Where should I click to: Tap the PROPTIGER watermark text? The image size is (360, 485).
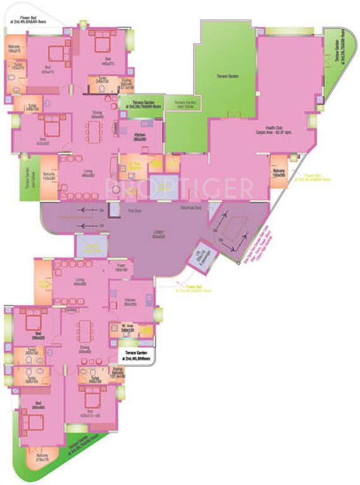tap(179, 188)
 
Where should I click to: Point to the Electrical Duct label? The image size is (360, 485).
tap(190, 207)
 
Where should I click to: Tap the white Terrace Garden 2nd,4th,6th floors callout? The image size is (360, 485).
tap(137, 356)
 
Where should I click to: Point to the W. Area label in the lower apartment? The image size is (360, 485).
tap(128, 328)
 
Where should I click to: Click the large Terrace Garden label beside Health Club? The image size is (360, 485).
tap(225, 75)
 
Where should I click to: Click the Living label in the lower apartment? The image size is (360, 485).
tap(80, 283)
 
